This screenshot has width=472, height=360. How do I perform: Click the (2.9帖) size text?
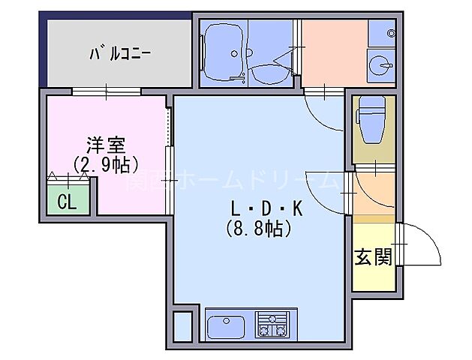point(107,164)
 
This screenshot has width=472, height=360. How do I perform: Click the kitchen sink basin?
point(226,325)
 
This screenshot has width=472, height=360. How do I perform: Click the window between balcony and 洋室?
point(106,92)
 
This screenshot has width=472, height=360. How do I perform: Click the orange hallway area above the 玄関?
point(373,193)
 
